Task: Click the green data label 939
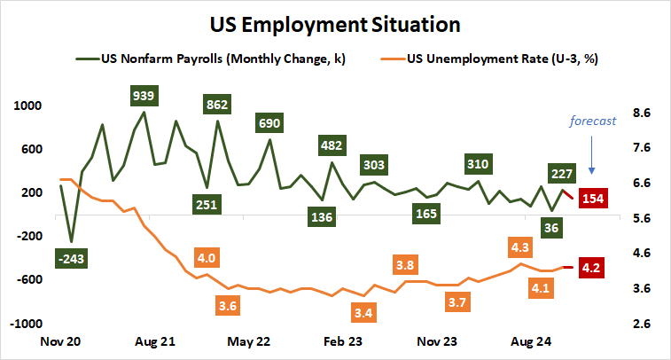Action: [x=143, y=95]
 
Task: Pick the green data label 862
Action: [x=217, y=105]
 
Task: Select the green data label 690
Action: [x=269, y=122]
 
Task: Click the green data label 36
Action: [x=552, y=227]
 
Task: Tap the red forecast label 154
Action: [x=593, y=198]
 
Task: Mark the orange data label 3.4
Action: [x=362, y=312]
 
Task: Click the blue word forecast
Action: [x=591, y=121]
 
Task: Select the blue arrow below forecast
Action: [x=592, y=157]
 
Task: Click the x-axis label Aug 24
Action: [x=530, y=340]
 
